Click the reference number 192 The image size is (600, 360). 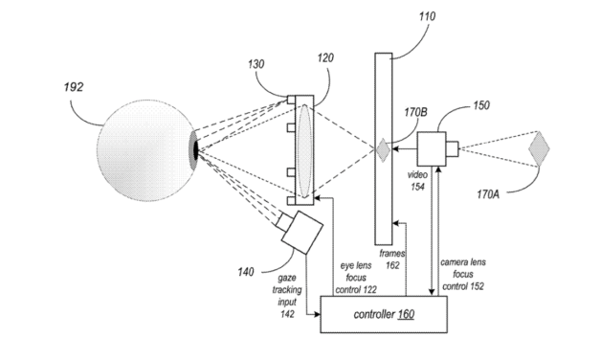click(74, 87)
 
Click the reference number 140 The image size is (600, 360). click(247, 272)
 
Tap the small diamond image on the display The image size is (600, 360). click(381, 149)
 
